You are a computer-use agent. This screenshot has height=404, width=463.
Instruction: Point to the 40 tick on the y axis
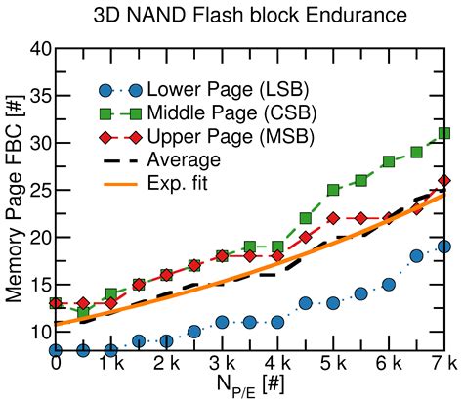coord(36,49)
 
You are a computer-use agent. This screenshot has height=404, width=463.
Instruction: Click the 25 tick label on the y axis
coord(36,190)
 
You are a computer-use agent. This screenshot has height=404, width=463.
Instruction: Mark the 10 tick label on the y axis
coord(36,331)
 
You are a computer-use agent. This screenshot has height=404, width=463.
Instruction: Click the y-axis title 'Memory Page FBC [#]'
coord(13,199)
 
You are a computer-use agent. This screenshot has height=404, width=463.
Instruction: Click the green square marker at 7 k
coord(444,133)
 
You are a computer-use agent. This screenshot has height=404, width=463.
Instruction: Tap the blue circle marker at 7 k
coord(444,247)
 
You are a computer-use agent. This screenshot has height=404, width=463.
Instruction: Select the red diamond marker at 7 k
coord(444,181)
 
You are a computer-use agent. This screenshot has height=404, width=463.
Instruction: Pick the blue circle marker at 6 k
coord(389,284)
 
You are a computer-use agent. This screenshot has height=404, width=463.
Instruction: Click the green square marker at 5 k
coord(333,190)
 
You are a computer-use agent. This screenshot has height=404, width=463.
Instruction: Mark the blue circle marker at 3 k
coord(223,321)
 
